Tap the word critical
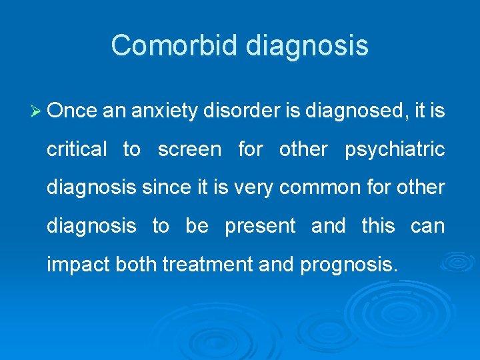pyautogui.click(x=76, y=149)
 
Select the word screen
pyautogui.click(x=189, y=150)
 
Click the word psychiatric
pyautogui.click(x=395, y=150)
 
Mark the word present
pyautogui.click(x=260, y=227)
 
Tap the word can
pyautogui.click(x=427, y=227)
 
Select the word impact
pyautogui.click(x=79, y=265)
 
